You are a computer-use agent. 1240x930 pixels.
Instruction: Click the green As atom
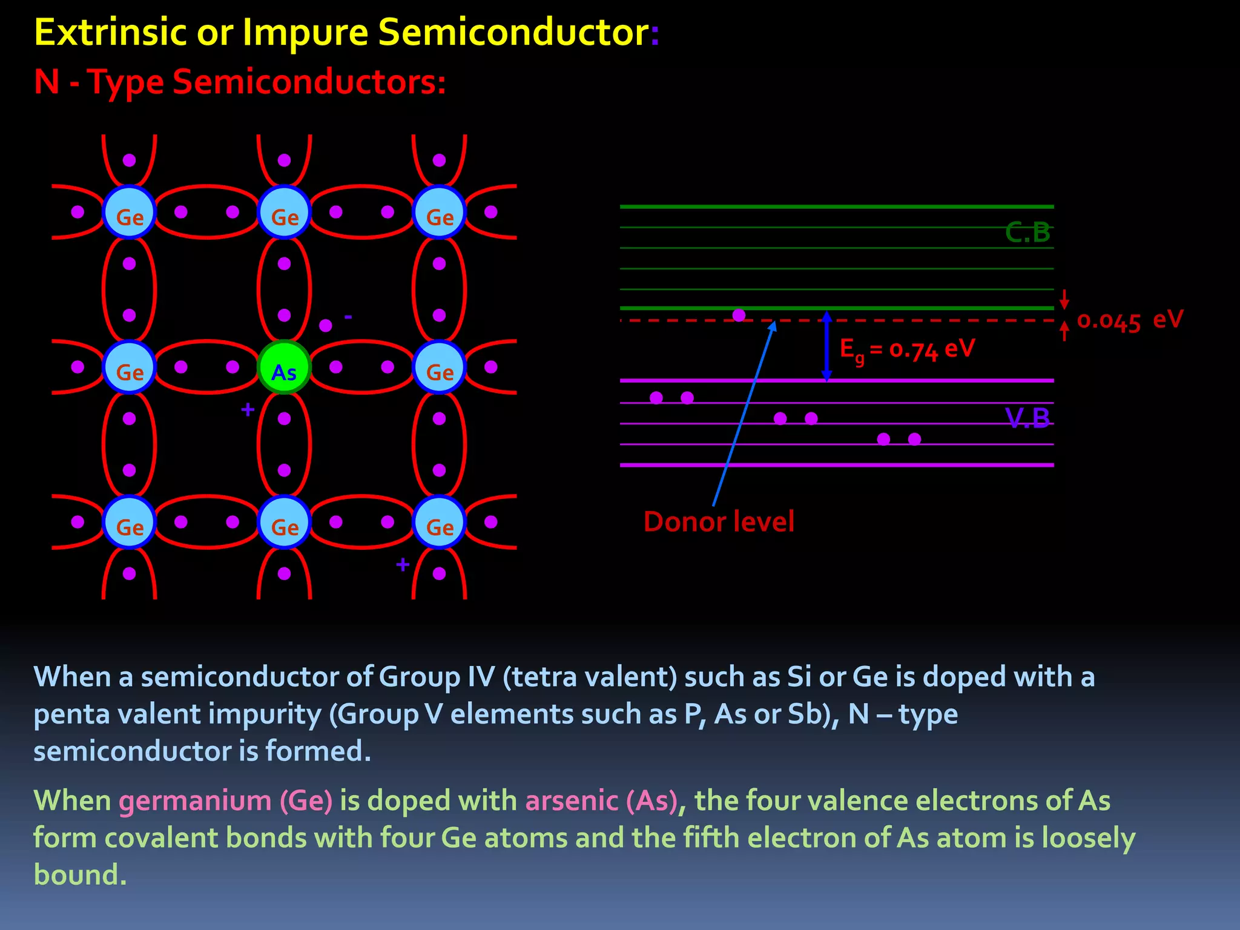click(x=284, y=368)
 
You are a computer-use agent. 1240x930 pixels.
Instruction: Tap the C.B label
click(x=1027, y=232)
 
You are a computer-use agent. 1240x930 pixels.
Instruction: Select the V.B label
click(x=1027, y=418)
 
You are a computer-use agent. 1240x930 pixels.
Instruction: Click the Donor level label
click(x=719, y=522)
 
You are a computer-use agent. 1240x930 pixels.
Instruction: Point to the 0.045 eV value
click(x=1129, y=321)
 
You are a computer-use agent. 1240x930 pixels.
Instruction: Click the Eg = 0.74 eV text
click(x=907, y=350)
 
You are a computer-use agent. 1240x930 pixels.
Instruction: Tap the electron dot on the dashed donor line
click(x=739, y=315)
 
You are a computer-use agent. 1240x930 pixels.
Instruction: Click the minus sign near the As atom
click(x=348, y=317)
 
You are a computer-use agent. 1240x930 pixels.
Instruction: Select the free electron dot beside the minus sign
click(x=326, y=326)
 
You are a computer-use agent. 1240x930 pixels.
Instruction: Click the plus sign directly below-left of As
click(x=248, y=410)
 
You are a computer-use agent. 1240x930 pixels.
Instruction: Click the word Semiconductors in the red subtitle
click(x=309, y=82)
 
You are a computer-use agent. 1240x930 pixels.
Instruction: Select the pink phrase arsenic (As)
click(x=601, y=800)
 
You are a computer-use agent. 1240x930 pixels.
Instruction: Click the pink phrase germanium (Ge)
click(x=226, y=800)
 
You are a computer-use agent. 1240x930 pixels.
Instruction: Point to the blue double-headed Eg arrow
click(x=826, y=346)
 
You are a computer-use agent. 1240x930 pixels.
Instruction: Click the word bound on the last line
click(x=80, y=875)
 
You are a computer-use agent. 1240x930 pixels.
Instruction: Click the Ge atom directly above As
click(x=284, y=213)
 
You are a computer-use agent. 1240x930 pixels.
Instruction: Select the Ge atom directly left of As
click(x=130, y=368)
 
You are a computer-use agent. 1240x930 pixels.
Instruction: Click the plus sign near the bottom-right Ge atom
click(x=403, y=565)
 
